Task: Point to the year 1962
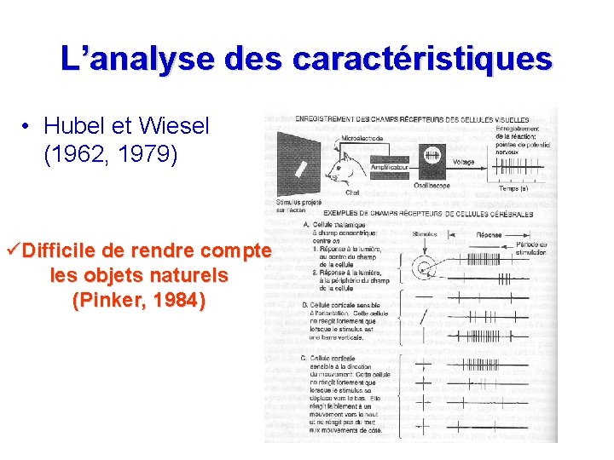(x=72, y=156)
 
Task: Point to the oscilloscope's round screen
(x=432, y=157)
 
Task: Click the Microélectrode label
(x=362, y=139)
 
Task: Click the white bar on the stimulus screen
(x=300, y=168)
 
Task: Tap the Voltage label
(x=465, y=161)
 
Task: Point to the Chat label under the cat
(x=352, y=193)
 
